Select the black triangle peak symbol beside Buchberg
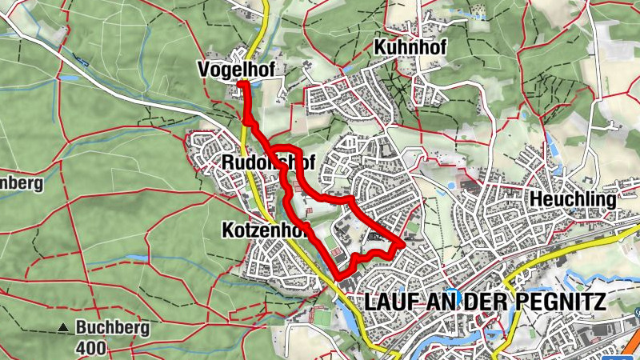[x=63, y=327]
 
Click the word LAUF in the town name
[x=390, y=302]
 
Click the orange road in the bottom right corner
[x=616, y=339]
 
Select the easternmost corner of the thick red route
[x=402, y=242]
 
